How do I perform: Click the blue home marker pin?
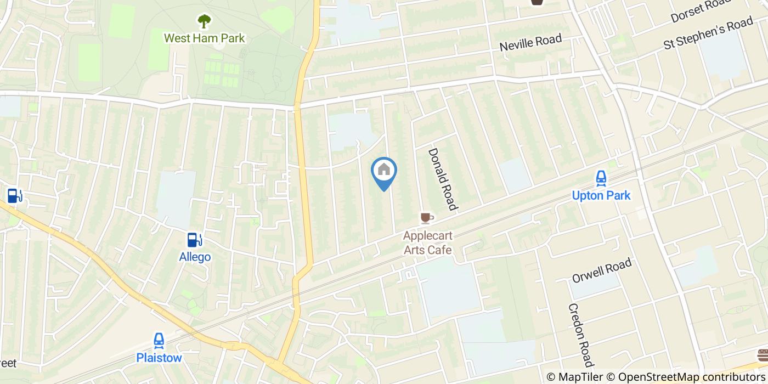point(384,171)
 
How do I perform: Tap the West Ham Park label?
point(205,38)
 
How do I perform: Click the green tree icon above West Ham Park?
point(204,21)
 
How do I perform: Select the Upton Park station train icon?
point(601,178)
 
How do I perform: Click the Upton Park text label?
point(601,195)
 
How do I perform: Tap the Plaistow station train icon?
point(159,341)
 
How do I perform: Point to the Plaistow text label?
point(159,358)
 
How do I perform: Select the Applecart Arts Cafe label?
point(427,243)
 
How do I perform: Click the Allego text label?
point(195,257)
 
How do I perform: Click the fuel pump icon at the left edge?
point(14,195)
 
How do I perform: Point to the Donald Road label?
point(442,179)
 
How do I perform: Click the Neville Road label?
point(530,43)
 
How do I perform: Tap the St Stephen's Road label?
point(708,33)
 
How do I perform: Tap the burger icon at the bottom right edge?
point(763,354)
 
